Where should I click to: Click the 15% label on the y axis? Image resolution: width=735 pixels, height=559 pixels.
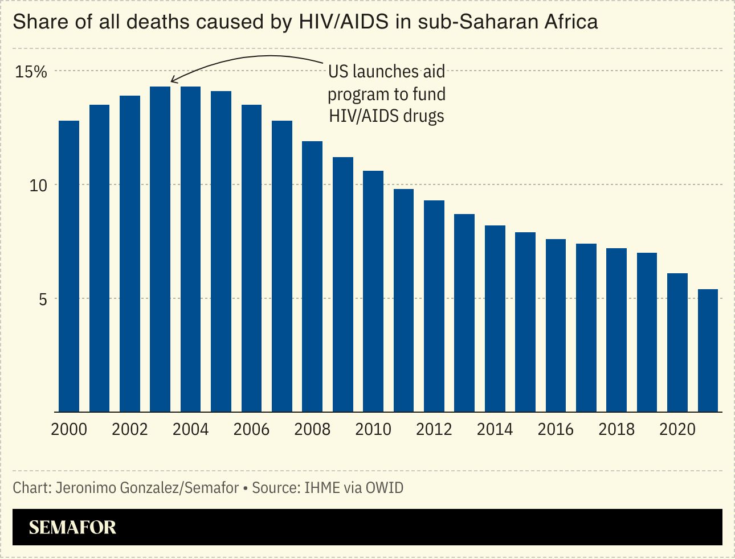tap(31, 72)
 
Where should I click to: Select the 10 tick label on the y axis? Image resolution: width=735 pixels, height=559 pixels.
tap(38, 186)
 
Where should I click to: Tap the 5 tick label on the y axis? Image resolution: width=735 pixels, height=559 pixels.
tap(43, 299)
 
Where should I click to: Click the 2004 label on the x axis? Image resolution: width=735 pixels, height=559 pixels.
tap(190, 429)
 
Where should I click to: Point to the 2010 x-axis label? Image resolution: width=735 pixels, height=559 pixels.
tap(373, 429)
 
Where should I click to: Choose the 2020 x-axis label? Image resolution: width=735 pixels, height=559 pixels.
tap(677, 429)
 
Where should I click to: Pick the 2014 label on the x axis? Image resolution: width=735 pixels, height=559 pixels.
tap(495, 429)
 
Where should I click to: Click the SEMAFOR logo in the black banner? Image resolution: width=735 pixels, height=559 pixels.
tap(72, 527)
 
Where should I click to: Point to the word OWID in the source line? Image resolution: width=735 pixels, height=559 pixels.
tap(385, 488)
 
